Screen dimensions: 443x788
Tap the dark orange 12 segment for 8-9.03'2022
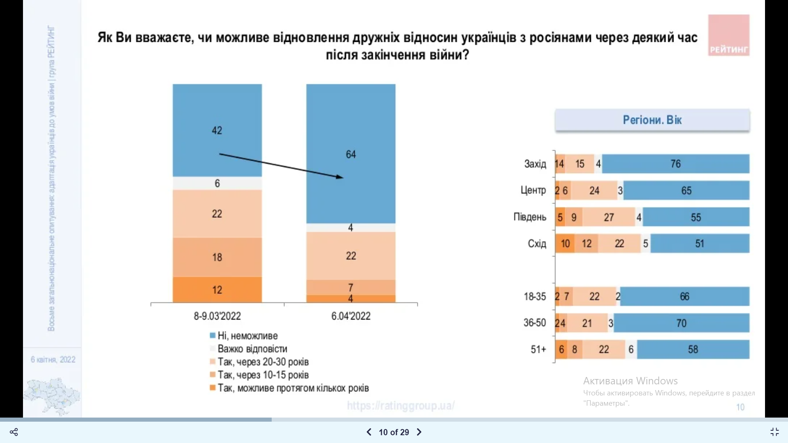pyautogui.click(x=217, y=290)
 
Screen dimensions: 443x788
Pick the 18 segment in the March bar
pyautogui.click(x=217, y=257)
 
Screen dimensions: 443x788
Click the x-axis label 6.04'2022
pyautogui.click(x=351, y=316)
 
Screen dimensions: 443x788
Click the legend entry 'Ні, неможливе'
pyautogui.click(x=247, y=336)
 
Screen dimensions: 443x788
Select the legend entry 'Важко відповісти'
pyautogui.click(x=252, y=349)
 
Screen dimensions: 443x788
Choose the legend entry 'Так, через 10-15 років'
pyautogui.click(x=263, y=375)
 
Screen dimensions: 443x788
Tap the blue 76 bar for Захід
pyautogui.click(x=676, y=164)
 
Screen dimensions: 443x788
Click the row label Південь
pyautogui.click(x=530, y=217)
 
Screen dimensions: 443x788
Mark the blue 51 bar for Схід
pyautogui.click(x=700, y=244)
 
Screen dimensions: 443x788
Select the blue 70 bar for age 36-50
pyautogui.click(x=681, y=323)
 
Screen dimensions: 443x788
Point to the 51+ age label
pyautogui.click(x=538, y=349)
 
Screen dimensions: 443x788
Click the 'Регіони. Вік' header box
pyautogui.click(x=652, y=120)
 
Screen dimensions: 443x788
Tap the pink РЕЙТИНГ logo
pyautogui.click(x=728, y=35)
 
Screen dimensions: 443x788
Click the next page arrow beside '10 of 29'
pyautogui.click(x=419, y=432)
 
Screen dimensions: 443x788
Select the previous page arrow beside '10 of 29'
pyautogui.click(x=369, y=432)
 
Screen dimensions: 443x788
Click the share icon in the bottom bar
pyautogui.click(x=14, y=432)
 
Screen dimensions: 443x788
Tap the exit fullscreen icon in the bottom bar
pyautogui.click(x=774, y=432)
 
